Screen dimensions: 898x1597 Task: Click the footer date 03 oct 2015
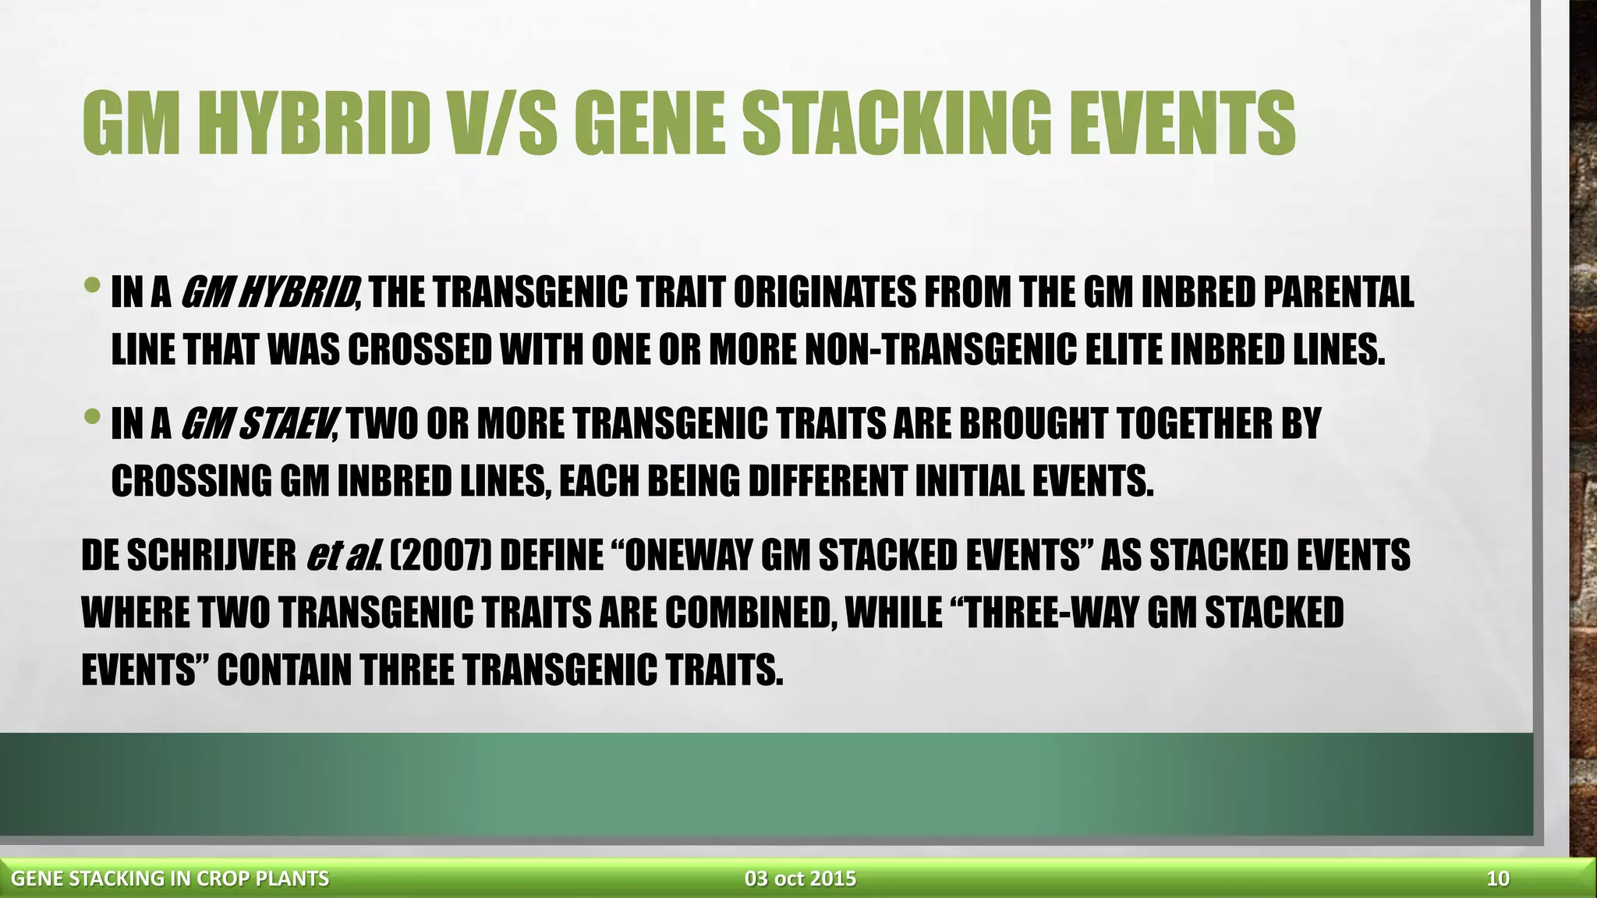point(800,879)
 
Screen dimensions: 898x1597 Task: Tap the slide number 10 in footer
point(1498,879)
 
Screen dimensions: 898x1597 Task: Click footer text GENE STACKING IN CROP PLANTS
point(170,879)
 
